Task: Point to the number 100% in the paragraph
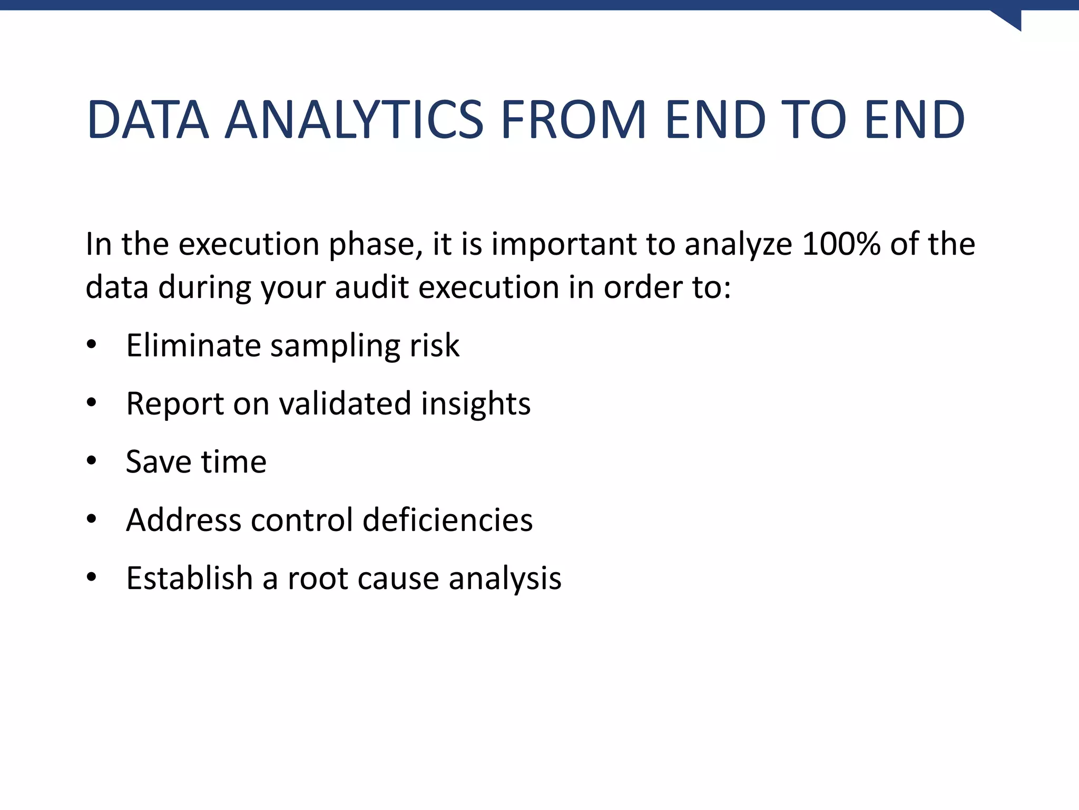(x=841, y=244)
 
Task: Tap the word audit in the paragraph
(x=372, y=288)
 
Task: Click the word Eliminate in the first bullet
(x=193, y=345)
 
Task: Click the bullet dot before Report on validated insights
(x=92, y=403)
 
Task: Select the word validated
(x=345, y=404)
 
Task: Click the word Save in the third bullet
(x=158, y=462)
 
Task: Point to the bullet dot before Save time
(x=92, y=461)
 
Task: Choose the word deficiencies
(x=448, y=520)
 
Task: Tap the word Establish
(x=190, y=578)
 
